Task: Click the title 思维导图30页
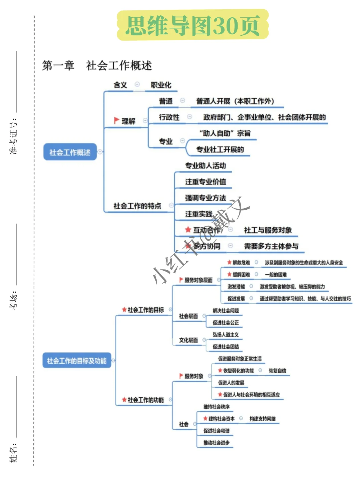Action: point(193,25)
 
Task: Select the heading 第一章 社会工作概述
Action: point(97,65)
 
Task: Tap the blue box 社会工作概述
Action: point(70,152)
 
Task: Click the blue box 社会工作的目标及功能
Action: point(77,361)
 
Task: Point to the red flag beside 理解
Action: point(116,120)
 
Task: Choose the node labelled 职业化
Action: point(161,85)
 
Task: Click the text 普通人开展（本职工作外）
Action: point(235,101)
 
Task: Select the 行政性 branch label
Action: point(169,117)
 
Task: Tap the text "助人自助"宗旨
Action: point(225,133)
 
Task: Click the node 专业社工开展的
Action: point(220,149)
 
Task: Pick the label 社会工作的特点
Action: point(137,206)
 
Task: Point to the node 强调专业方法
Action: point(205,198)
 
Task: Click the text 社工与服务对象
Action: point(268,230)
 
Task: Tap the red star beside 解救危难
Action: point(229,262)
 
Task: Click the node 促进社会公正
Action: point(226,323)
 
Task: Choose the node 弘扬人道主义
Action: point(226,335)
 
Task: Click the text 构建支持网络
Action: point(262,419)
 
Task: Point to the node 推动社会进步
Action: point(216,443)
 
